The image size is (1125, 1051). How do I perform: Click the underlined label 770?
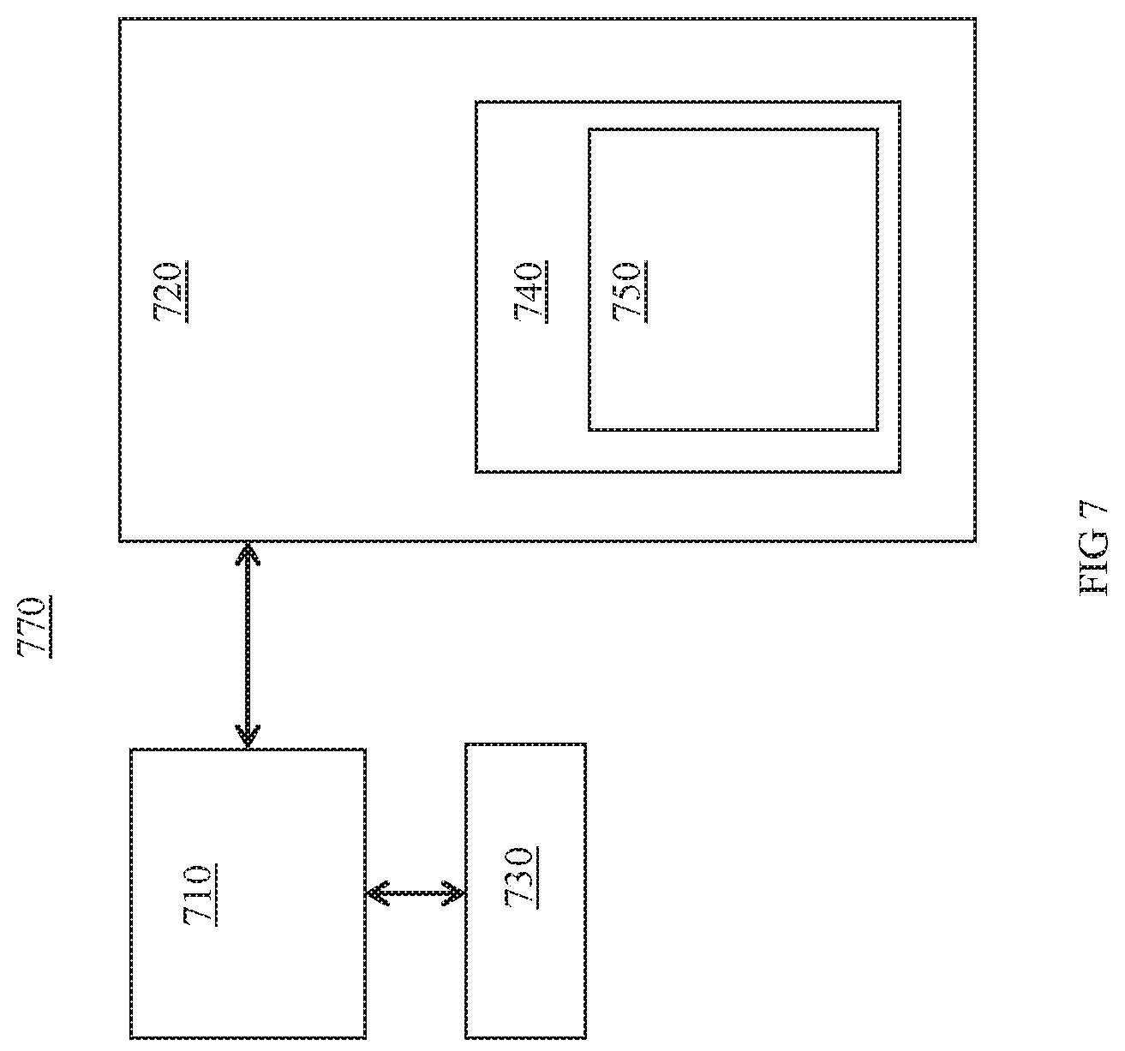point(35,627)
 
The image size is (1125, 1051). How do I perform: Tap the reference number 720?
point(170,292)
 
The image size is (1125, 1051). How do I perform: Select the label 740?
point(530,292)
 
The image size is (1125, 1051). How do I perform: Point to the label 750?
point(630,292)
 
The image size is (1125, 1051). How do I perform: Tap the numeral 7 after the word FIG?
point(1094,514)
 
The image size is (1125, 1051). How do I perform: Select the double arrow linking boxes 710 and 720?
point(248,645)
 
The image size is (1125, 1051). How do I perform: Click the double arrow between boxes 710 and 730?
point(416,893)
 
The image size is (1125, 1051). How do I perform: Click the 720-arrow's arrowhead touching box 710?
point(248,737)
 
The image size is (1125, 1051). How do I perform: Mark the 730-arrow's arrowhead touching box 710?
point(377,893)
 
